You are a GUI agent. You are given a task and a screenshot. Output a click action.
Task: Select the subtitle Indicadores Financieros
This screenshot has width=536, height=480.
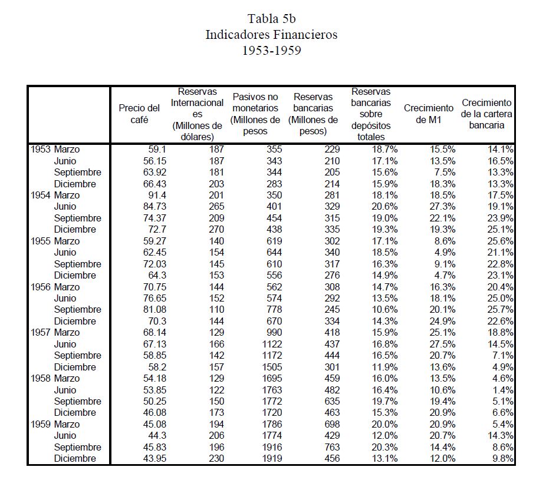pyautogui.click(x=271, y=34)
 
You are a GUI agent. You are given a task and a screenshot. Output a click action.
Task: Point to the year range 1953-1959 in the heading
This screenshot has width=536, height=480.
pyautogui.click(x=271, y=51)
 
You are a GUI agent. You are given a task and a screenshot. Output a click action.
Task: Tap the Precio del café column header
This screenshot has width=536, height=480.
pyautogui.click(x=139, y=114)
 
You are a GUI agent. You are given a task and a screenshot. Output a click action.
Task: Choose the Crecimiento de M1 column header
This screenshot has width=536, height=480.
pyautogui.click(x=429, y=114)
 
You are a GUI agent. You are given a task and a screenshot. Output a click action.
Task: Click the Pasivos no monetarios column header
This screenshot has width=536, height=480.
pyautogui.click(x=255, y=114)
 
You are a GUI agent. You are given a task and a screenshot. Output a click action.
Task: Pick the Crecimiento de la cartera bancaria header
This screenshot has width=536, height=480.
pyautogui.click(x=487, y=114)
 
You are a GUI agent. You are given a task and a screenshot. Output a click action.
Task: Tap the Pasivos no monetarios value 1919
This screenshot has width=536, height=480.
pyautogui.click(x=271, y=459)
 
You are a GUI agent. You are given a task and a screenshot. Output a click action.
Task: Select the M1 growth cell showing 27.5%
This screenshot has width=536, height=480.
pyautogui.click(x=444, y=344)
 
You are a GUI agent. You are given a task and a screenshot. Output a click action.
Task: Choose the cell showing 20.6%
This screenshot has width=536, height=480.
pyautogui.click(x=386, y=207)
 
